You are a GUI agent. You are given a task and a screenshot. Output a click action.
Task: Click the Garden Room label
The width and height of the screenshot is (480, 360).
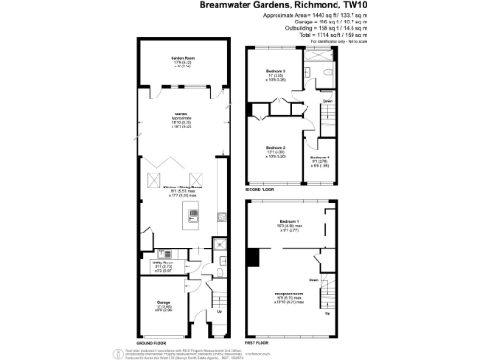pyautogui.click(x=182, y=58)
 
